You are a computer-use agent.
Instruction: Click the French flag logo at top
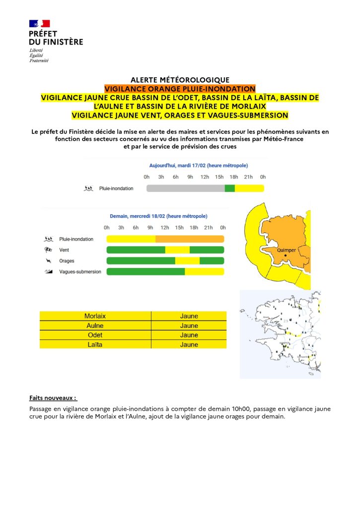pos(40,23)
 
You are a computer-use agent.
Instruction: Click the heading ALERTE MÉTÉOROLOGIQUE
pos(180,80)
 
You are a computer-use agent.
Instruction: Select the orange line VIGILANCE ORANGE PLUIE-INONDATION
pos(180,88)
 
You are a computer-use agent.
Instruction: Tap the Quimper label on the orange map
pos(287,251)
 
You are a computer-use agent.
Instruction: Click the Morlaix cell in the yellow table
pos(95,316)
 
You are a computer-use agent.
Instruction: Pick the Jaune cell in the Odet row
pos(189,335)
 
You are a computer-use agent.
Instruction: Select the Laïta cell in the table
pos(95,344)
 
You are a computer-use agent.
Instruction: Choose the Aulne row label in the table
pos(95,325)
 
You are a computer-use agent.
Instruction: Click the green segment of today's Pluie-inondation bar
pos(229,189)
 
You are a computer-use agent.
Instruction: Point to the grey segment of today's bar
pos(185,189)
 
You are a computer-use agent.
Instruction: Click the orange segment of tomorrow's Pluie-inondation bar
pos(190,239)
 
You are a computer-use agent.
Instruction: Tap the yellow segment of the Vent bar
pos(177,250)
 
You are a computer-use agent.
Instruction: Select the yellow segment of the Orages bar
pos(187,261)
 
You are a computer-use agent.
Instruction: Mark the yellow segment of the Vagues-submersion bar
pos(204,271)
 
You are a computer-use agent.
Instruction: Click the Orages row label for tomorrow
pos(67,261)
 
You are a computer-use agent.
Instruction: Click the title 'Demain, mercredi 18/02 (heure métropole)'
pos(158,216)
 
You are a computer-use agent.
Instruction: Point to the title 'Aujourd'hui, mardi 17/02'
pos(199,165)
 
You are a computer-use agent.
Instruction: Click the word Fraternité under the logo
pos(39,61)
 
